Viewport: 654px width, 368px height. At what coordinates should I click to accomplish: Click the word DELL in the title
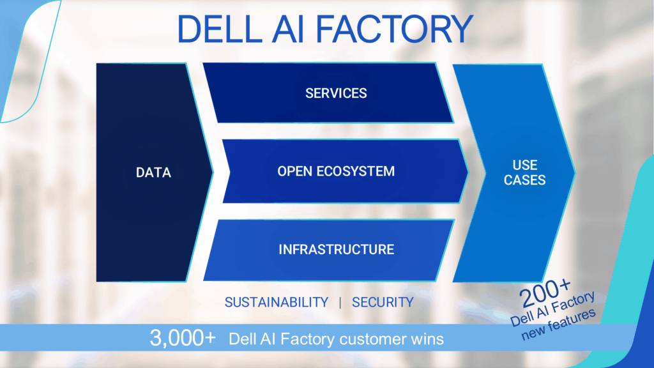pos(220,29)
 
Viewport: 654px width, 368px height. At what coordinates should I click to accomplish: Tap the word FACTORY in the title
pos(394,29)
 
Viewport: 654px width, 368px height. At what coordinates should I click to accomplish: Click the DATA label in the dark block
pos(153,172)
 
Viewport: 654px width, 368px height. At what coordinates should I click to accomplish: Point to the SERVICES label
pos(336,93)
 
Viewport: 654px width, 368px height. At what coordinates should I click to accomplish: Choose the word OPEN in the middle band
pos(294,171)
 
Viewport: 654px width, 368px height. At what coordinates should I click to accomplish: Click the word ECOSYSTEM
pos(355,171)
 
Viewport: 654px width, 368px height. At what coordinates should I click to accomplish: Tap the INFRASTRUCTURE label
pos(336,250)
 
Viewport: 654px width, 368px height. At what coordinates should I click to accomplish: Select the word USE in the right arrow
pos(525,165)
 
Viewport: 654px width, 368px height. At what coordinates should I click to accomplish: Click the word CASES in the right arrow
pos(525,180)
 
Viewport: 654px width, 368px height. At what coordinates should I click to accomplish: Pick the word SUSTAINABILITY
pos(277,302)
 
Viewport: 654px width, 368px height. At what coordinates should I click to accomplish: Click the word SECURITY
pos(383,302)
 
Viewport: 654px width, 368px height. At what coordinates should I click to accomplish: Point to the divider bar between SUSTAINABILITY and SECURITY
pos(340,302)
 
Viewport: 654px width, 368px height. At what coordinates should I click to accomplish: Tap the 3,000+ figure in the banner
pos(183,338)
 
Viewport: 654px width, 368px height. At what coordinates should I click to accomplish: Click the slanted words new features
pos(559,324)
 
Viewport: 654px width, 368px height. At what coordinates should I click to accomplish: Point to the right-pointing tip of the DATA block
pos(213,172)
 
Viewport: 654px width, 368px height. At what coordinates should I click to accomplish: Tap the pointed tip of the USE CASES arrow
pos(575,172)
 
